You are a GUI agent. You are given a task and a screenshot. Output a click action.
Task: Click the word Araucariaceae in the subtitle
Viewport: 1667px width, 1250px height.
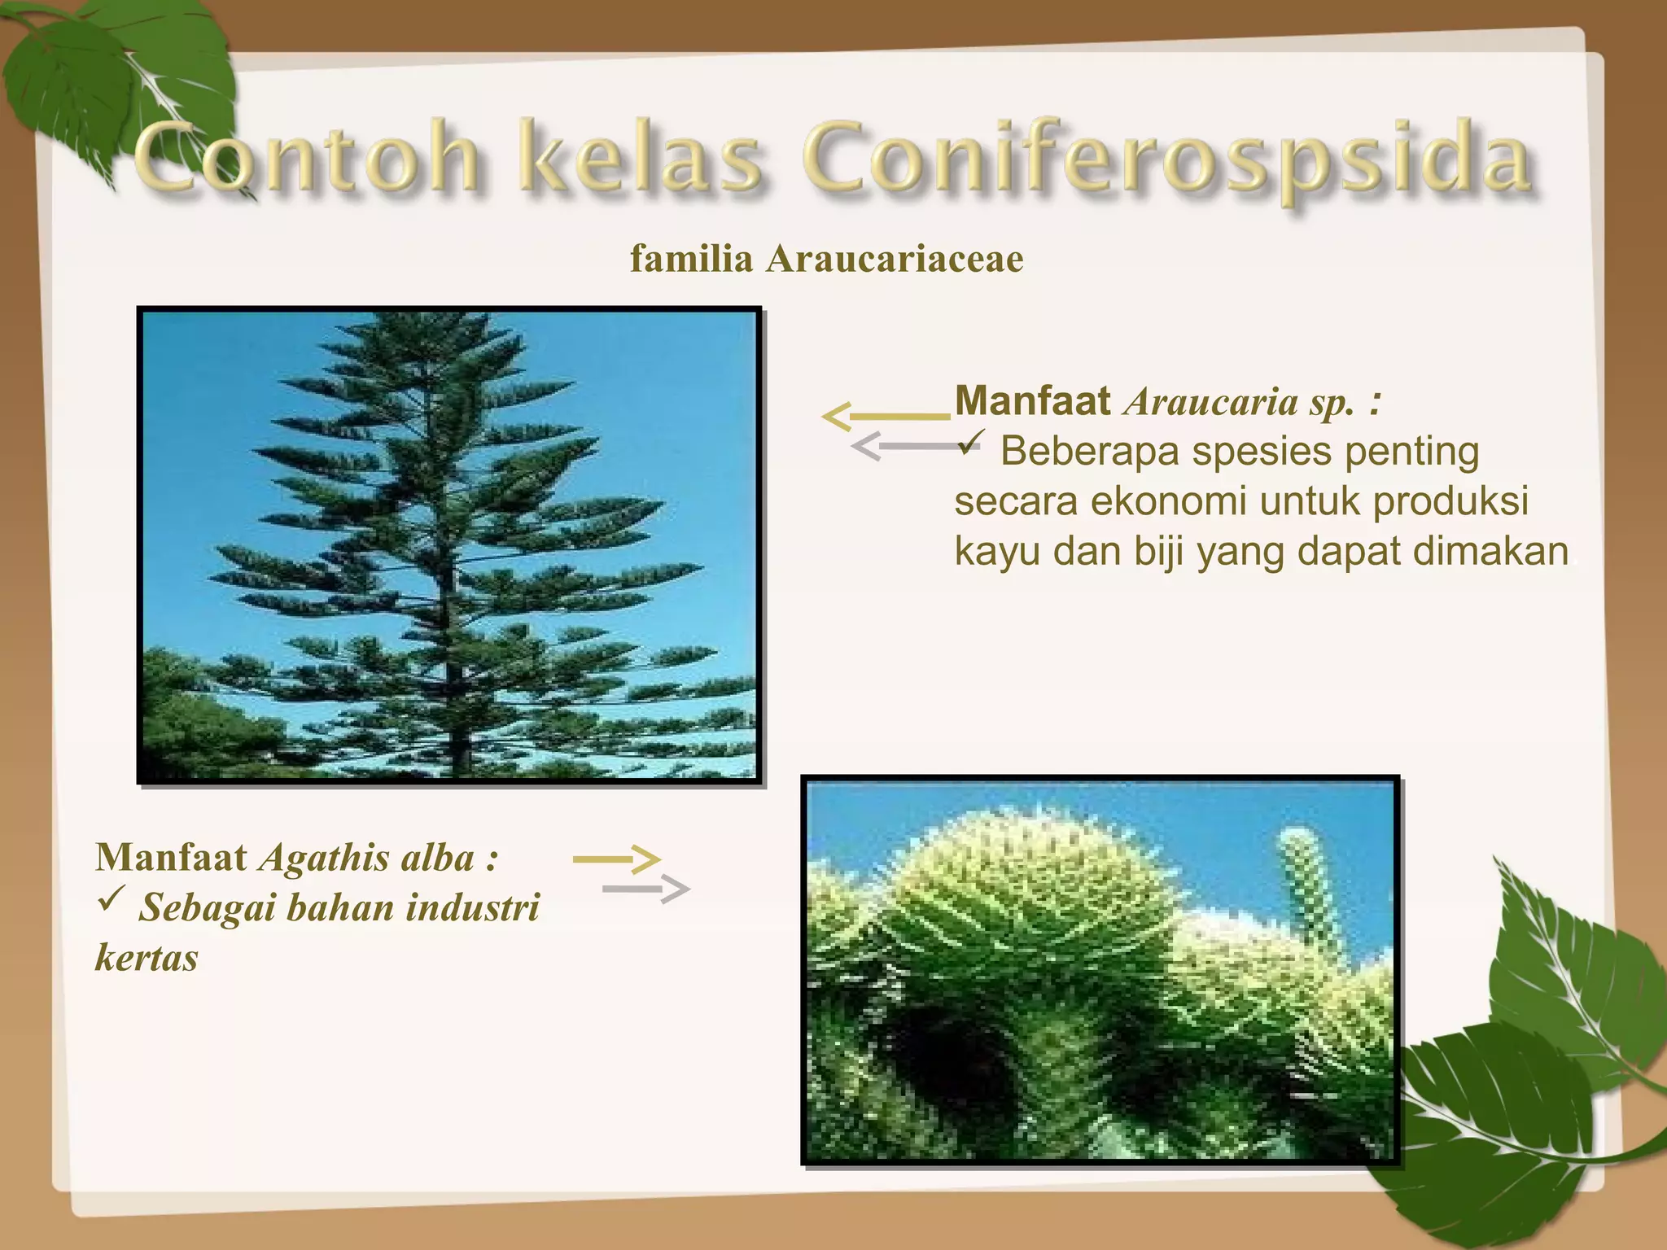895,260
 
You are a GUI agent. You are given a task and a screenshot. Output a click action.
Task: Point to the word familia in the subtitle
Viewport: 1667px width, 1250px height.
691,260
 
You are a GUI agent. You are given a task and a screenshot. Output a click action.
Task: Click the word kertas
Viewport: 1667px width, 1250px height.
147,958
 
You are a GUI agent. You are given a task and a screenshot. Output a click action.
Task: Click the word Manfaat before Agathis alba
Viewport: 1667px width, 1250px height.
171,858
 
